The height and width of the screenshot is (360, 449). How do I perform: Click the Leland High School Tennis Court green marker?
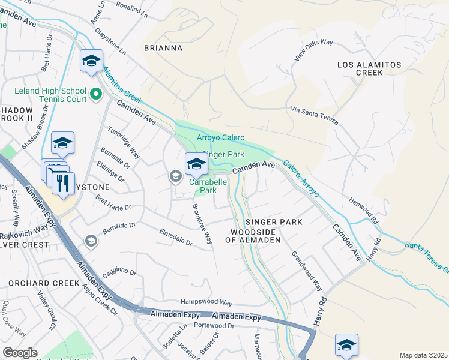pos(95,94)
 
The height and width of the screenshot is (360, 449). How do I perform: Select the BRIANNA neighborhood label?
pos(162,47)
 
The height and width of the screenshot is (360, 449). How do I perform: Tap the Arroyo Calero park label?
pos(221,138)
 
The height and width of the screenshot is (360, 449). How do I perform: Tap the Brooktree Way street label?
pos(202,223)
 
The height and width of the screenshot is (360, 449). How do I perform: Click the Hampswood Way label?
pos(206,303)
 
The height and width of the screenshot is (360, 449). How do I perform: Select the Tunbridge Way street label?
pos(124,142)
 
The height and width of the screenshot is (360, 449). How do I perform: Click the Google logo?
pos(20,353)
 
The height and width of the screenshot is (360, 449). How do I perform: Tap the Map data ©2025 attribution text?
pos(423,355)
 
